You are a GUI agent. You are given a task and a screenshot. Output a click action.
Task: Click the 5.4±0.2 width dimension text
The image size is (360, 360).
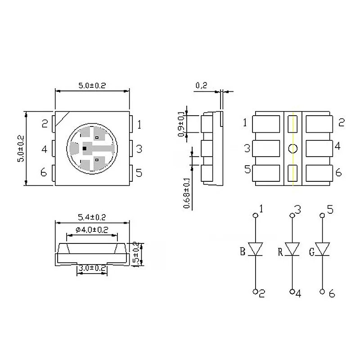[92, 217]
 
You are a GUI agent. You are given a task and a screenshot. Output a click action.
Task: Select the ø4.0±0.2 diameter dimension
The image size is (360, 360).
[92, 230]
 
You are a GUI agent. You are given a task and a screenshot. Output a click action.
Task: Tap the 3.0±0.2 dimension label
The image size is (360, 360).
[92, 268]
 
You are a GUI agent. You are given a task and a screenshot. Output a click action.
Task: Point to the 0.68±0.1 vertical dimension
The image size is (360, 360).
[187, 193]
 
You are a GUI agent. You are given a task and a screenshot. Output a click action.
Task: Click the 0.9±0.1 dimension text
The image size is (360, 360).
[181, 124]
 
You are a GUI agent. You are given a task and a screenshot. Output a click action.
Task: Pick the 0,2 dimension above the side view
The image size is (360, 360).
[201, 85]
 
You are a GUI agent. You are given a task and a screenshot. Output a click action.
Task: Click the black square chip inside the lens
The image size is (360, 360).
[85, 148]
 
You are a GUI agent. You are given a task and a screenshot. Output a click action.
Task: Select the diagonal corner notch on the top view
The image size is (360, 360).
[62, 119]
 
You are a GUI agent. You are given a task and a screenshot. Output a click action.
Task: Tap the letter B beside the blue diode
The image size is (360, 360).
[243, 252]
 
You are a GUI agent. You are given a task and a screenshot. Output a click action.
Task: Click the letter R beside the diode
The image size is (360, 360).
[280, 252]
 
